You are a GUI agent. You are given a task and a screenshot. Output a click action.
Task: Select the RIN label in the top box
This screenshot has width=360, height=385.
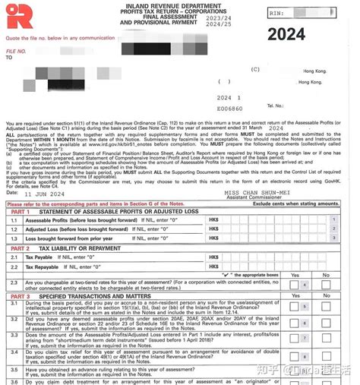277,14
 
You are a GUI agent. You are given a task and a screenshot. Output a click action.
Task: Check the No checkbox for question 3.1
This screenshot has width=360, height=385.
325,306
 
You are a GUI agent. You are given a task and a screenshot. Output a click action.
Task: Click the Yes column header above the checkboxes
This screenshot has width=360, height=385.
295,276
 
